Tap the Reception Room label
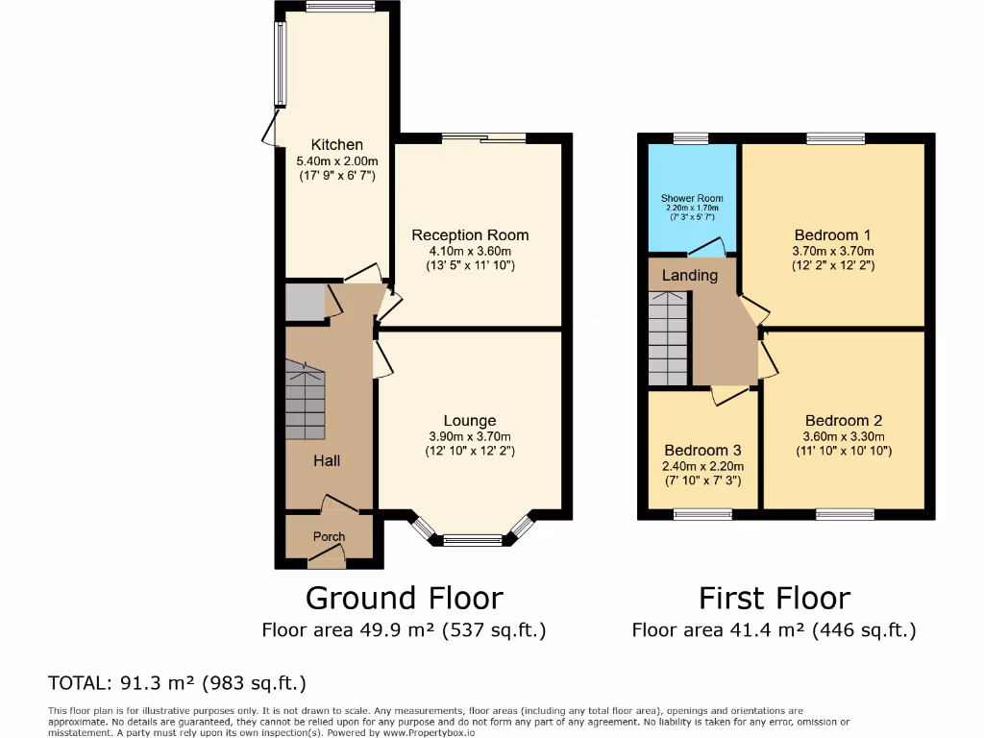470,234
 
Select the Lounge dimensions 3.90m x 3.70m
470,436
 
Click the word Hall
327,460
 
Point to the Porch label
329,536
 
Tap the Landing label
690,275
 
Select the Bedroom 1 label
832,234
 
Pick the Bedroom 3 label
702,450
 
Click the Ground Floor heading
404,598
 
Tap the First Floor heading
774,598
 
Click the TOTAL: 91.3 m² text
177,683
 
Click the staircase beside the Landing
669,338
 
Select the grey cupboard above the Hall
305,302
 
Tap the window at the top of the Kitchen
340,6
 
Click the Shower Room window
691,138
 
